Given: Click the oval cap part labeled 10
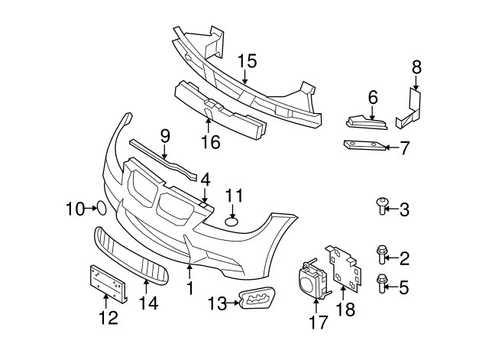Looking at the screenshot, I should tap(99, 206).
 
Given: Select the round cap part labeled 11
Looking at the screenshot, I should tap(232, 222).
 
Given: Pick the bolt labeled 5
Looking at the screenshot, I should tap(384, 284).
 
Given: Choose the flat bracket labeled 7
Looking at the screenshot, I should tap(361, 146).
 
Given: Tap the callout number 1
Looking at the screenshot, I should tap(190, 289).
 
